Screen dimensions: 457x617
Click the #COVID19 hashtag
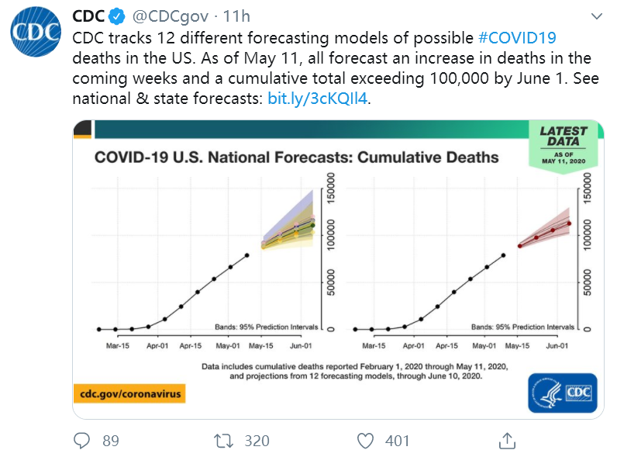click(x=517, y=37)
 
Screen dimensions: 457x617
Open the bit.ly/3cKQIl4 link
click(x=319, y=99)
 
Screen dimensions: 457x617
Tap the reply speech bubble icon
click(x=82, y=441)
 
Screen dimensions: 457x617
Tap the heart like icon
click(x=365, y=441)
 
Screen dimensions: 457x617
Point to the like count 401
click(x=397, y=441)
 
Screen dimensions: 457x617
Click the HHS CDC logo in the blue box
click(x=562, y=393)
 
